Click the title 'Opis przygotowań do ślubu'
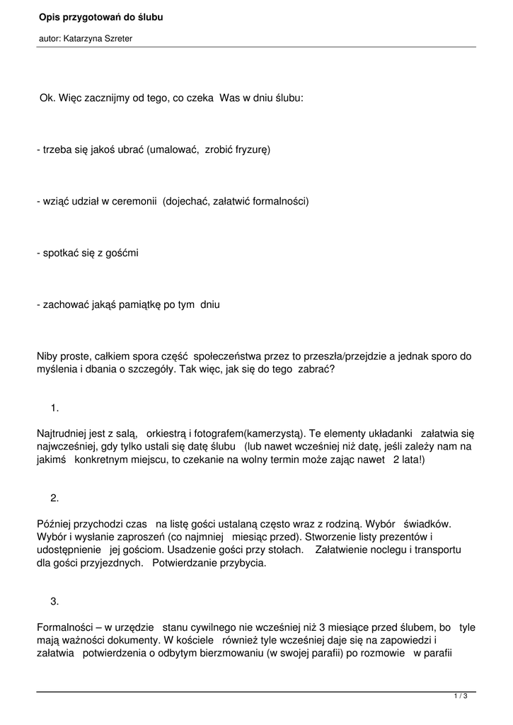pos(100,16)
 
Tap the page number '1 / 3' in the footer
pos(461,697)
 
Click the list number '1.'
pos(55,408)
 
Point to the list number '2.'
pos(55,498)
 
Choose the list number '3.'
pos(55,601)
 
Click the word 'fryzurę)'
pos(252,150)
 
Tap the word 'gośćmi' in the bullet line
pos(121,253)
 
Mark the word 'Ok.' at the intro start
pos(47,98)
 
